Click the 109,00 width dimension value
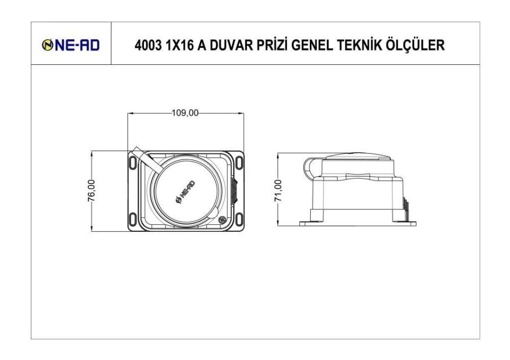(185, 113)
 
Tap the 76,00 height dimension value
(91, 190)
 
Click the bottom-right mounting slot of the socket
(239, 218)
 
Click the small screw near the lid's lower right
(222, 220)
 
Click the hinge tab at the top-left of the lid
(141, 157)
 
